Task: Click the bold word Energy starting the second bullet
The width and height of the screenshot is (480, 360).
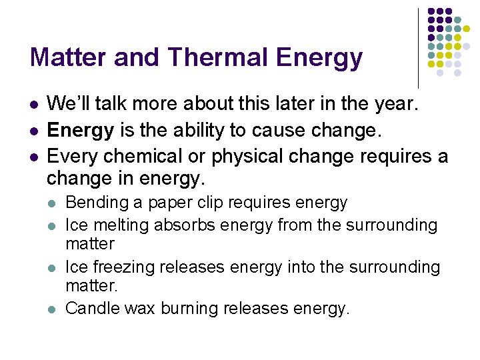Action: (81, 131)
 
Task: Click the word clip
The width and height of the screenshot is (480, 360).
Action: (210, 203)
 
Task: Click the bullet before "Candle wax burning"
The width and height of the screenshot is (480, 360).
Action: (53, 309)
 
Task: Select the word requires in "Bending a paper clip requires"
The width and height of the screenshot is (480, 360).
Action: (257, 203)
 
